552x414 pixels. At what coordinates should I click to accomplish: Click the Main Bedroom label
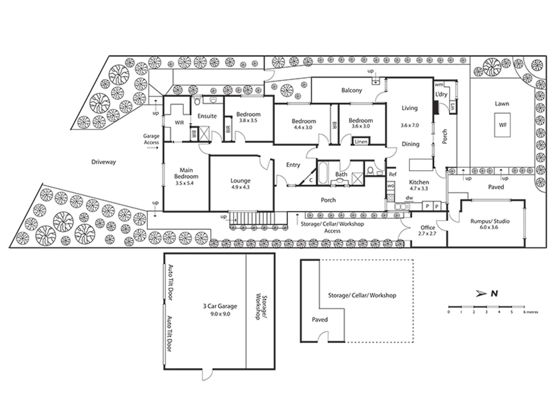pyautogui.click(x=186, y=173)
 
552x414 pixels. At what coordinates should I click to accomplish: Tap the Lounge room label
pyautogui.click(x=240, y=181)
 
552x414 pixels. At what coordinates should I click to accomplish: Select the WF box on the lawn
pyautogui.click(x=503, y=125)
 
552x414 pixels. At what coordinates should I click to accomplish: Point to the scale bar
pyautogui.click(x=486, y=307)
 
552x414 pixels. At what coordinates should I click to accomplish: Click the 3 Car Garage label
pyautogui.click(x=220, y=306)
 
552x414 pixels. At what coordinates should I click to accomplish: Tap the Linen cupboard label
pyautogui.click(x=361, y=141)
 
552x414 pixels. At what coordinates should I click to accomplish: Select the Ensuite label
pyautogui.click(x=207, y=116)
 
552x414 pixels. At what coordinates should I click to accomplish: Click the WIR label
pyautogui.click(x=179, y=123)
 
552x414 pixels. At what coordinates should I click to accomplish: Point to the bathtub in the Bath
pyautogui.click(x=322, y=173)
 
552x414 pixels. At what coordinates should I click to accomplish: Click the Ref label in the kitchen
pyautogui.click(x=392, y=174)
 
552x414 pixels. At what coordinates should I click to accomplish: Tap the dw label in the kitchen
pyautogui.click(x=409, y=198)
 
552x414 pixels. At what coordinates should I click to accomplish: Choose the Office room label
pyautogui.click(x=427, y=228)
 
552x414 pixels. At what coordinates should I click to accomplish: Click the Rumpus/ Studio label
pyautogui.click(x=490, y=221)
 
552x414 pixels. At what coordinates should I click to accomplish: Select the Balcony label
pyautogui.click(x=352, y=90)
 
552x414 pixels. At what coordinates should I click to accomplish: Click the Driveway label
pyautogui.click(x=103, y=162)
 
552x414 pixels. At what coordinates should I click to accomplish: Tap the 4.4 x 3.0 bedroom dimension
pyautogui.click(x=303, y=127)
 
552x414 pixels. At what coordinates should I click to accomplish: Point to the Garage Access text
pyautogui.click(x=151, y=139)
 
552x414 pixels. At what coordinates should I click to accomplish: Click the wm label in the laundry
pyautogui.click(x=439, y=84)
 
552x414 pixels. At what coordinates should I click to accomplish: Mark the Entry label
pyautogui.click(x=293, y=165)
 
